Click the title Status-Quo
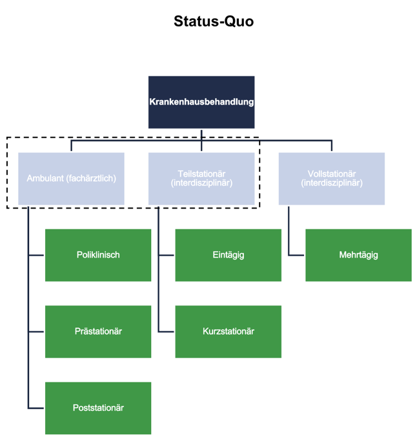tap(213, 21)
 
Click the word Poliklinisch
tap(98, 255)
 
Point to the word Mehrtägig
tap(358, 255)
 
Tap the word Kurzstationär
tap(228, 331)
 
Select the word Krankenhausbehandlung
tap(201, 102)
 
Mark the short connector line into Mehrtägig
tap(297, 255)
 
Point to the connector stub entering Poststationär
tap(37, 408)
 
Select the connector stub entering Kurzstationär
tap(167, 331)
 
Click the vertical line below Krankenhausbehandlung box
tap(201, 134)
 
